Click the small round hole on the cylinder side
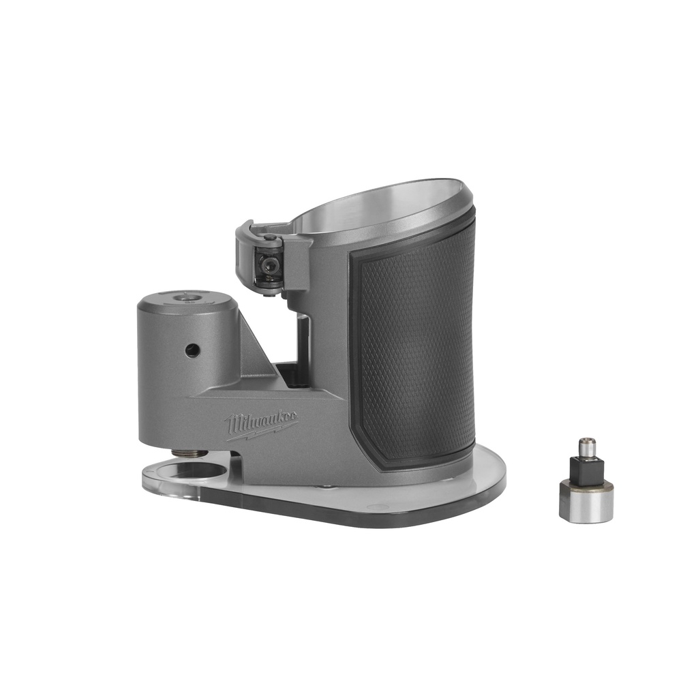[x=193, y=350]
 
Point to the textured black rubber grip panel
[x=416, y=348]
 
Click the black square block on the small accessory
[x=586, y=469]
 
